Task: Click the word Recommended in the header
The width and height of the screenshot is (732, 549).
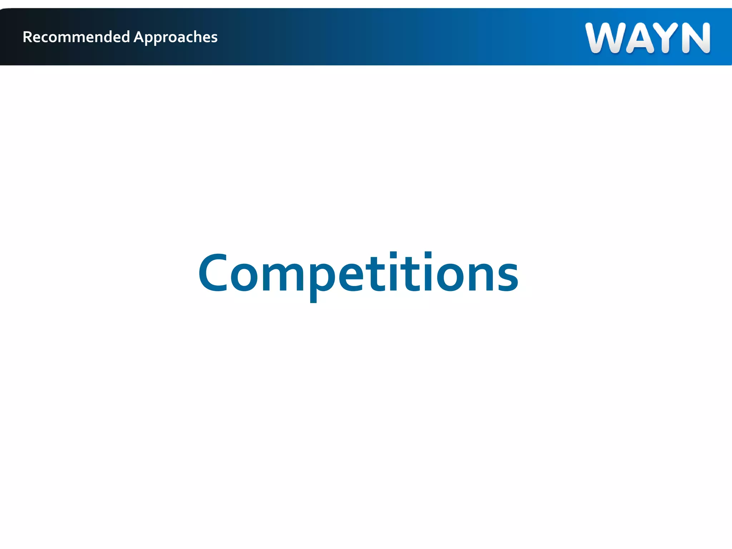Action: click(x=76, y=37)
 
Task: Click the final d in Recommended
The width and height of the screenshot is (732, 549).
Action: click(x=125, y=37)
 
